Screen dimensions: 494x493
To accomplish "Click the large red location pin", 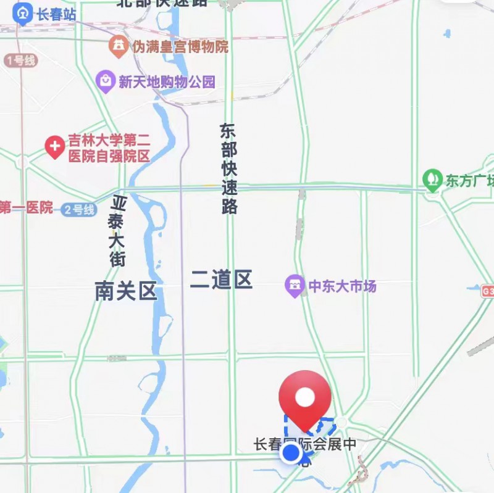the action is pos(304,398).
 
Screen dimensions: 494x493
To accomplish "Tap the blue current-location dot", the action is pos(291,454).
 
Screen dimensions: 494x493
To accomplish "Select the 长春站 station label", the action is pos(56,14).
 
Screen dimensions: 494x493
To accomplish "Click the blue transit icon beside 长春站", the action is pos(23,14).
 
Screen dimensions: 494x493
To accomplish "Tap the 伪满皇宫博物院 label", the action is pos(179,46).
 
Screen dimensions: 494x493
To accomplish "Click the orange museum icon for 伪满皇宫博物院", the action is pos(118,46).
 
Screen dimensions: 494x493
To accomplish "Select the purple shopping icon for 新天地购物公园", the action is pos(106,81).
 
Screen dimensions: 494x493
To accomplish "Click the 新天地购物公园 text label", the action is pos(167,81).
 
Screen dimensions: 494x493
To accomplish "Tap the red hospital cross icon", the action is pos(55,147).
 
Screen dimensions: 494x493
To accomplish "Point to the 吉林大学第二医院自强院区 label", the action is pos(109,148).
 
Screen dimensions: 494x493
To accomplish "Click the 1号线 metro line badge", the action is pos(21,60).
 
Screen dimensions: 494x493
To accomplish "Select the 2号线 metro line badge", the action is pos(80,210).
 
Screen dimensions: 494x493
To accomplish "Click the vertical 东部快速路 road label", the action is pos(228,168).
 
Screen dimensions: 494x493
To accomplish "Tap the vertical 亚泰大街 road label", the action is pos(118,231).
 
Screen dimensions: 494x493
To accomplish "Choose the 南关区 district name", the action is pos(126,291).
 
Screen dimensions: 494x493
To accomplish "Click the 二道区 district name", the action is pos(221,280).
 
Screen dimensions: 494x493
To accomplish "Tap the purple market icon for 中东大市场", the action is pos(295,286).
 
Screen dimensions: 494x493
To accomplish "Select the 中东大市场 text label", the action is pos(342,286).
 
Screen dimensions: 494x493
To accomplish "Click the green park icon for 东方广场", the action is pos(433,180).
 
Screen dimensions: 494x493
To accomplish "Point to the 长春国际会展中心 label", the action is pos(305,445).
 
